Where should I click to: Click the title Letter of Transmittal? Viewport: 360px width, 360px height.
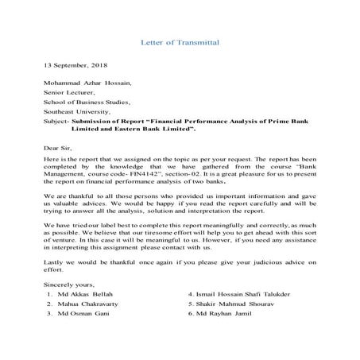(x=180, y=41)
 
